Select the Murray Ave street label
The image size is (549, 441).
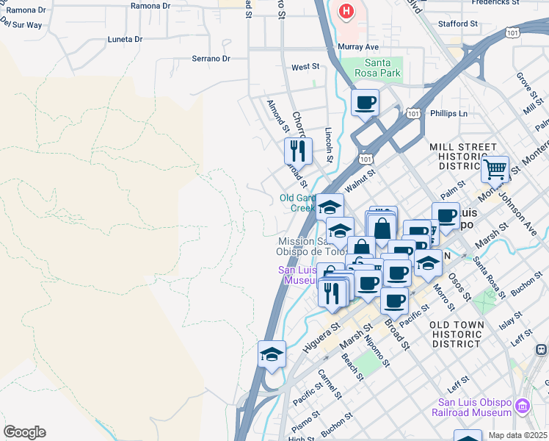357,47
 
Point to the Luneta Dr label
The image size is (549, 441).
126,39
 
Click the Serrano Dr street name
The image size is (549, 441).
211,59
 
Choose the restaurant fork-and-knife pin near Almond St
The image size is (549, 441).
298,151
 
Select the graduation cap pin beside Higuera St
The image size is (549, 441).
272,354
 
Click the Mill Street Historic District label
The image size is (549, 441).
467,157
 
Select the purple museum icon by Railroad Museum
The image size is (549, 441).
523,406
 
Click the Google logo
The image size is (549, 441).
24,432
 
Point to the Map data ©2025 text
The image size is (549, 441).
517,435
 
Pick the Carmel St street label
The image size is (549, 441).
329,384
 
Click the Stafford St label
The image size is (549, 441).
458,24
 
